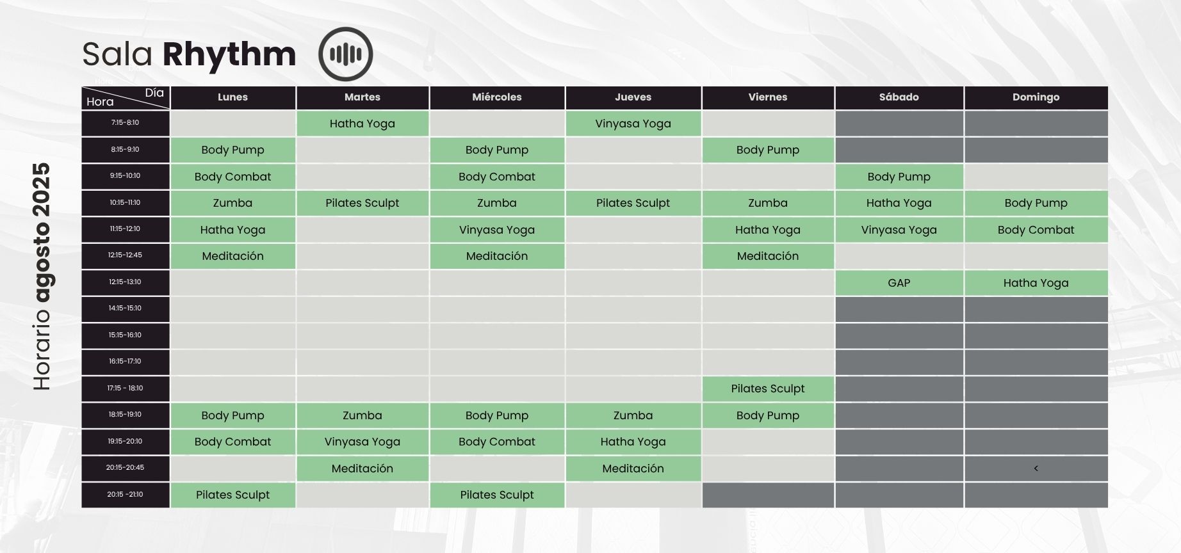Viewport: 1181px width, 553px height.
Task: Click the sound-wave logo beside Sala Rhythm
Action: pos(346,54)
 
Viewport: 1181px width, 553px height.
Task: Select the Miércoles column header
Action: pos(497,97)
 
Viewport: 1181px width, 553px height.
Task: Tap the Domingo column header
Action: pos(1036,97)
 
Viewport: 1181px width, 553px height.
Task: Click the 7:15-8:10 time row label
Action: pos(126,123)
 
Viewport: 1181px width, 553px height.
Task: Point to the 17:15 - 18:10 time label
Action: pos(126,389)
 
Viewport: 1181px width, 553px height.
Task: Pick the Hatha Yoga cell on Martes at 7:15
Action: pos(362,124)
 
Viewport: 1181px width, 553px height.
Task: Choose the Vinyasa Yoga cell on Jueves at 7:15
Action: pos(633,124)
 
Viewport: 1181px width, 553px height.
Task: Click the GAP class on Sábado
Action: pos(899,283)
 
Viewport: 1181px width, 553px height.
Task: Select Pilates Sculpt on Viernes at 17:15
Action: pos(768,389)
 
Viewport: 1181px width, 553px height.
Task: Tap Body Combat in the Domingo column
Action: pos(1036,230)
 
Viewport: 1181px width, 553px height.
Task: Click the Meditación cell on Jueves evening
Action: pos(633,469)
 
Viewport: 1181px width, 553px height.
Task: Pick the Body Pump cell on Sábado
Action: pos(899,177)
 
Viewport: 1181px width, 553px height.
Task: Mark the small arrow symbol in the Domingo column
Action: pos(1036,469)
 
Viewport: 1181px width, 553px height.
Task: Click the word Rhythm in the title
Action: pos(229,54)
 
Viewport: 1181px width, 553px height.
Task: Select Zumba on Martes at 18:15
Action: pos(362,415)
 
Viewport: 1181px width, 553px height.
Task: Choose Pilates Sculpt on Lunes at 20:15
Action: pos(232,495)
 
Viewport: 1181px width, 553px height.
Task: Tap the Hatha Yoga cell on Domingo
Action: pos(1036,283)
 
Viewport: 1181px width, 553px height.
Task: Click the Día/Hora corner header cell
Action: pos(126,97)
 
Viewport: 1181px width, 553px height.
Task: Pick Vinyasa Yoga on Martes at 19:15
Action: pos(362,442)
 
